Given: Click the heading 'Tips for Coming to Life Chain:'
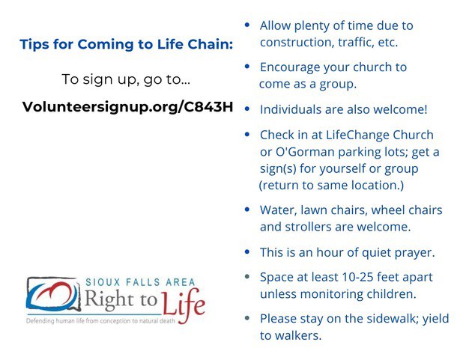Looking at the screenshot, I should click(126, 44).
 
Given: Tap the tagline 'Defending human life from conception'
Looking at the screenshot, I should click(112, 320).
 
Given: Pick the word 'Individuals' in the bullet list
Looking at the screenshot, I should click(291, 109).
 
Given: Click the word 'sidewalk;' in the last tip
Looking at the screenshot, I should click(382, 319).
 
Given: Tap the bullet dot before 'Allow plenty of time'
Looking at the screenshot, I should click(248, 25).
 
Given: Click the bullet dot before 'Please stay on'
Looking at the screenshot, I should click(248, 318).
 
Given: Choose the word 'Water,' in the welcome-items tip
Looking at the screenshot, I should click(278, 210).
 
